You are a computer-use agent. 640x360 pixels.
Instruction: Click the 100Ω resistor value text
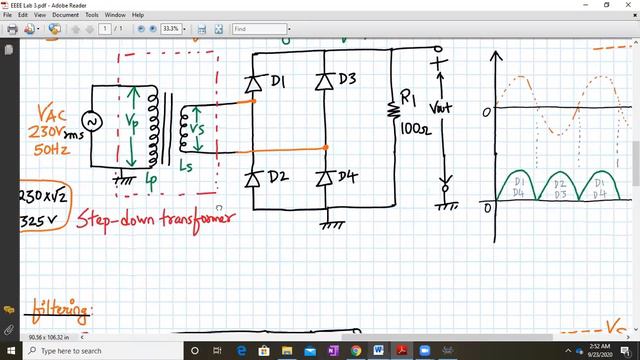[412, 127]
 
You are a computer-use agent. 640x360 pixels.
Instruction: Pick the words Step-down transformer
[158, 216]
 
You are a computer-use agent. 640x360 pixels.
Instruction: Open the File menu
[9, 16]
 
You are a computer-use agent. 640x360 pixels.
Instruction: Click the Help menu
[138, 16]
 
